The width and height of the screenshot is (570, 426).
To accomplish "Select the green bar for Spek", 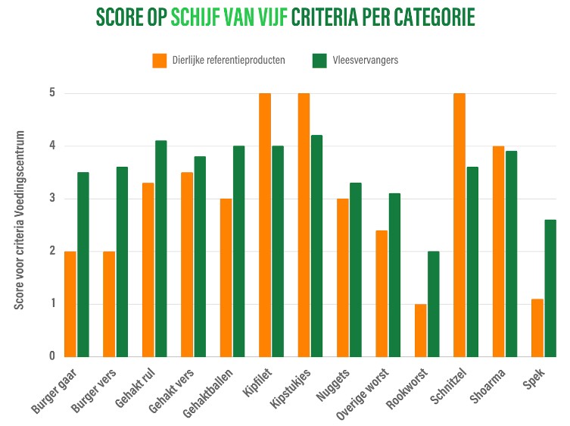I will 550,288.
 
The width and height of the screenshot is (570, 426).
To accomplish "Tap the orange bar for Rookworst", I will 420,330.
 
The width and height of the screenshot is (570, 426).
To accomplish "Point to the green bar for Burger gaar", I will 83,265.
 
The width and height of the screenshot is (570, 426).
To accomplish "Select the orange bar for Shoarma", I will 498,251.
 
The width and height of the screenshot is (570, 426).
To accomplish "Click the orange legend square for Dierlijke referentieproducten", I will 159,60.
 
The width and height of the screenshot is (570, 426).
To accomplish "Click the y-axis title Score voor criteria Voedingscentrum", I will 20,220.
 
